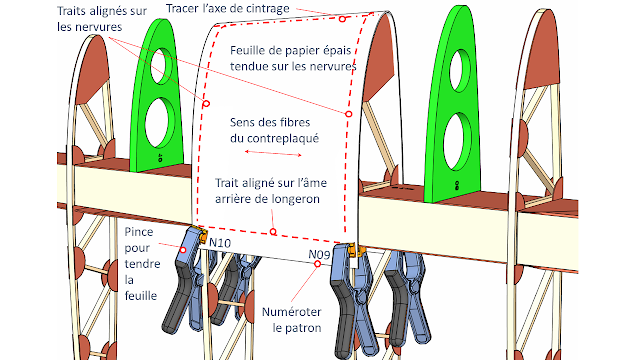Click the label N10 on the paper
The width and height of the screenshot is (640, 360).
220,243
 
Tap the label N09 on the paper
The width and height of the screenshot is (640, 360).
319,255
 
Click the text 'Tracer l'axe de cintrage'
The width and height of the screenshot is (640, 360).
228,9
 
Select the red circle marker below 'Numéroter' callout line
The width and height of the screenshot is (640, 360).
317,264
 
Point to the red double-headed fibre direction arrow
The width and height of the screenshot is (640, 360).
273,153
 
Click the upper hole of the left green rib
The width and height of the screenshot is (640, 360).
162,66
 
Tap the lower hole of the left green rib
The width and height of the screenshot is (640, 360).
160,122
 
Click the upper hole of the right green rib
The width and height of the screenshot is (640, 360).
460,70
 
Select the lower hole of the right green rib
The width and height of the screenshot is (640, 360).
457,142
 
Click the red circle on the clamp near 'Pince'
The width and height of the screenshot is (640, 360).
183,250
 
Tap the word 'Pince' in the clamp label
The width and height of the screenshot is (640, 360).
139,232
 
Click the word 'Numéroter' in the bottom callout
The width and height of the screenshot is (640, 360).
291,312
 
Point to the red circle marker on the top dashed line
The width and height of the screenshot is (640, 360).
342,19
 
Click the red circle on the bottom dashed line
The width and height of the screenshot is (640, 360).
273,232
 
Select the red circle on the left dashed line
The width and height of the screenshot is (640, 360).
206,104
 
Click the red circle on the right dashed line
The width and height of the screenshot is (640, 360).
349,114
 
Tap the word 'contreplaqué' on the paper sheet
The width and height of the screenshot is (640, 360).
274,139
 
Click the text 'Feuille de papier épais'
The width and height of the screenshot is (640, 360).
291,51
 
